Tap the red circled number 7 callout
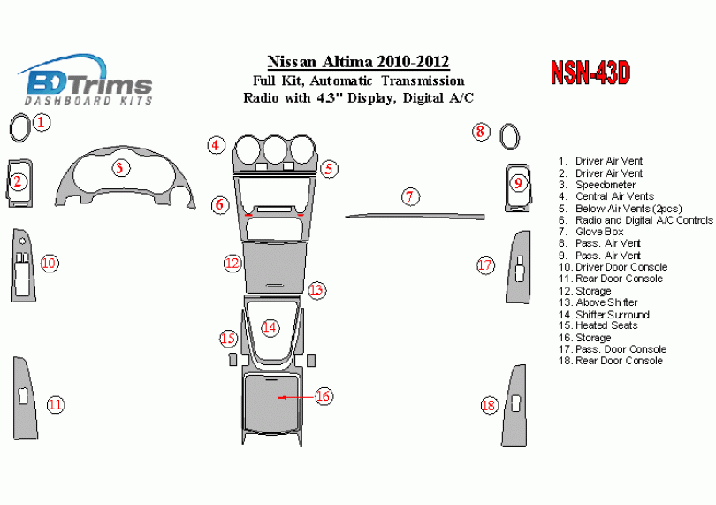tap(409, 196)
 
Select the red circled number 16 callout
tap(324, 396)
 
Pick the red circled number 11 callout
tap(56, 405)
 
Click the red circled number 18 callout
tap(490, 405)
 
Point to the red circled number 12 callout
tap(232, 263)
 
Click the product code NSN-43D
tap(590, 73)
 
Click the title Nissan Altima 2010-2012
tap(358, 62)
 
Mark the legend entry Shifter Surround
tap(612, 314)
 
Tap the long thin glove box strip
tap(415, 215)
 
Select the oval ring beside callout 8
tap(509, 139)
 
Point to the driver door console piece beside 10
tap(22, 264)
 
